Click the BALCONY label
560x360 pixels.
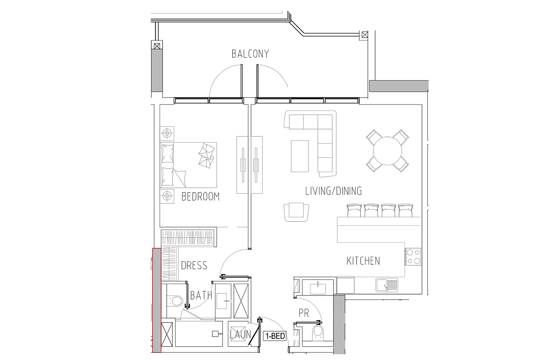coord(250,54)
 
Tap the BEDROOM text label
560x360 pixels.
coord(200,197)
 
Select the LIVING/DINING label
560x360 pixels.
coord(333,191)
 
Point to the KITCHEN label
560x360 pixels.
coord(363,261)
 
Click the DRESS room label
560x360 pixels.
coord(194,266)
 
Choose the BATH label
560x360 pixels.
coord(201,296)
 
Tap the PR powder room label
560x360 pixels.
coord(304,313)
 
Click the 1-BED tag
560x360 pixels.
coord(275,336)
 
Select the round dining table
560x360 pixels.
coord(387,150)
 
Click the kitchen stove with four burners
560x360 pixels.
coord(413,257)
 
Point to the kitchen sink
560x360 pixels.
coord(387,285)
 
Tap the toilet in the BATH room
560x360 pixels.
coord(175,300)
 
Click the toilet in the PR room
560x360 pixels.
coord(317,332)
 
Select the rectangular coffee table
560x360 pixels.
coord(300,156)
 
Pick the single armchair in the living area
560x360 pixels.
coord(296,212)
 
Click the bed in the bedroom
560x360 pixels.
coord(188,165)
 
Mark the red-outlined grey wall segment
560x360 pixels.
coord(156,300)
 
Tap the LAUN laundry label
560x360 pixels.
coord(240,334)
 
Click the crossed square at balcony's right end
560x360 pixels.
coord(364,34)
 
